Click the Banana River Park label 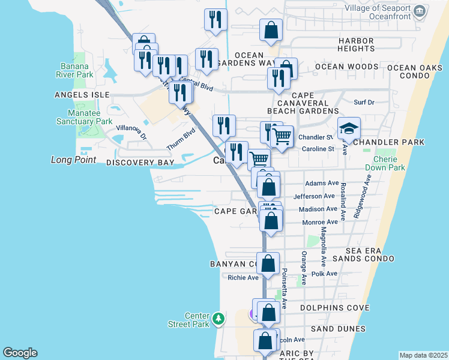click(77, 70)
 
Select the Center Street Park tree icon click(218, 317)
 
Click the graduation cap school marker click(348, 128)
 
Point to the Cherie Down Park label click(388, 164)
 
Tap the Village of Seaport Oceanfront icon click(420, 11)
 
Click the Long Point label click(73, 160)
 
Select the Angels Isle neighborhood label click(82, 95)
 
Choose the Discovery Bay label click(140, 163)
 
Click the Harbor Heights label click(356, 44)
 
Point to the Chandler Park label click(388, 142)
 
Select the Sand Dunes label click(338, 329)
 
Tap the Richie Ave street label click(243, 277)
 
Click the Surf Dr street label click(364, 103)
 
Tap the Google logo click(20, 353)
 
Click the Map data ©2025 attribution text click(423, 355)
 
